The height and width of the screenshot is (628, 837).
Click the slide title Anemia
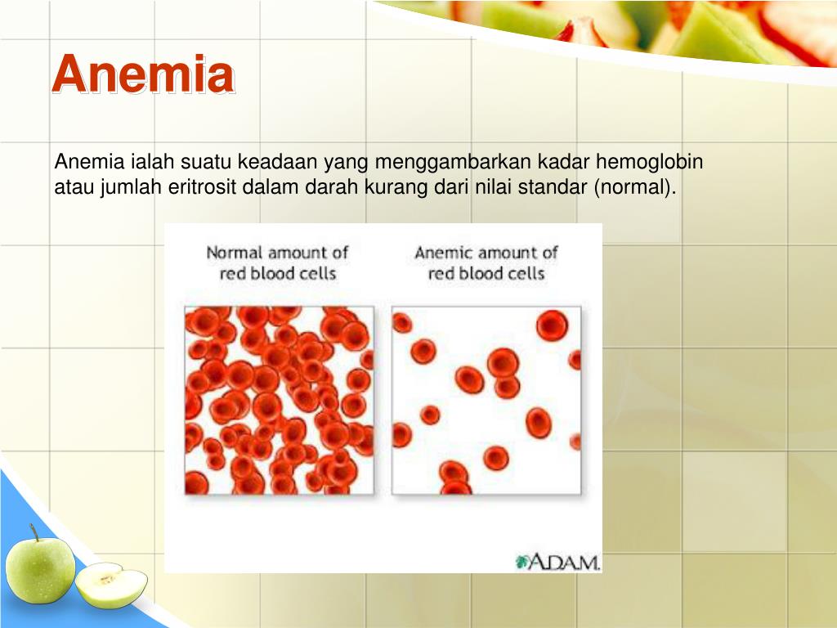pyautogui.click(x=143, y=74)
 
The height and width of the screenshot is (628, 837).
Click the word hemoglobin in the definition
pyautogui.click(x=649, y=161)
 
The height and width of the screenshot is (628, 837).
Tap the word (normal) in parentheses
pyautogui.click(x=634, y=187)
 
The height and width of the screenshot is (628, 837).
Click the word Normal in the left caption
pyautogui.click(x=235, y=252)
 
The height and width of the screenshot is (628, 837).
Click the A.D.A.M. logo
pyautogui.click(x=557, y=562)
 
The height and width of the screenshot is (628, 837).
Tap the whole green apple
pyautogui.click(x=40, y=569)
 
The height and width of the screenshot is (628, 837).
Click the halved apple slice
pyautogui.click(x=111, y=584)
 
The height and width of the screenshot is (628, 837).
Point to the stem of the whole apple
pyautogui.click(x=34, y=532)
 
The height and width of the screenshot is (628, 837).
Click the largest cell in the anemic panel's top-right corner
pyautogui.click(x=552, y=325)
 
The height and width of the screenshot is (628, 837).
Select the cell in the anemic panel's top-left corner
pyautogui.click(x=401, y=323)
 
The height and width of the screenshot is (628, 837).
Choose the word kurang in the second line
pyautogui.click(x=390, y=188)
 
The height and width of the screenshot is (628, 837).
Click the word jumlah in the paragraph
pyautogui.click(x=130, y=188)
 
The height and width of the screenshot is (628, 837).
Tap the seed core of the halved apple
pyautogui.click(x=107, y=579)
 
